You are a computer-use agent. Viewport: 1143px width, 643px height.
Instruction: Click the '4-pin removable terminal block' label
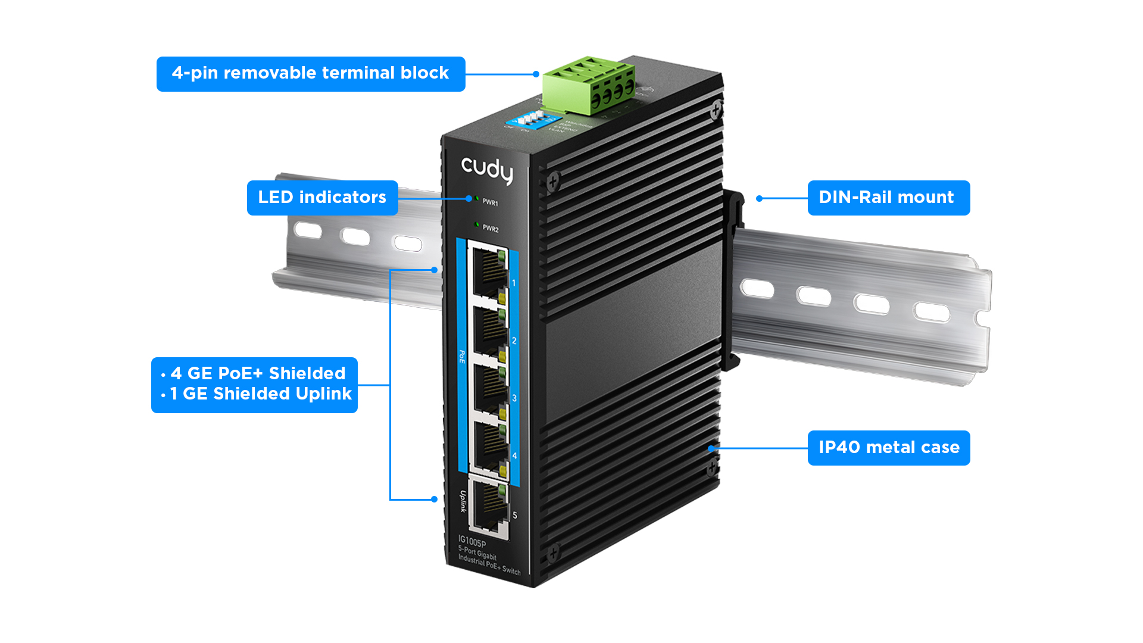pos(310,73)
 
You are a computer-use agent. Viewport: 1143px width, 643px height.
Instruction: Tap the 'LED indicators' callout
pos(322,198)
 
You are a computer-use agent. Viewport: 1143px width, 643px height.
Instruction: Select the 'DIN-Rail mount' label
pos(888,198)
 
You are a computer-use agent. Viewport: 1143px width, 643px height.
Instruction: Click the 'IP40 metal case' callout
pos(888,448)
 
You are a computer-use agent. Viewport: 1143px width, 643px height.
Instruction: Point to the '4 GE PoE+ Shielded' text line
pos(258,373)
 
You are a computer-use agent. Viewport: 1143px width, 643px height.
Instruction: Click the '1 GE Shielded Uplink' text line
pos(261,394)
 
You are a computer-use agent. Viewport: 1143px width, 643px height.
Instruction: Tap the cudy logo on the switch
pos(487,170)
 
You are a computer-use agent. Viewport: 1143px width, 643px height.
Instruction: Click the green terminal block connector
pos(588,86)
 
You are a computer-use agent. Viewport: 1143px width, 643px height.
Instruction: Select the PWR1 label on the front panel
pos(491,202)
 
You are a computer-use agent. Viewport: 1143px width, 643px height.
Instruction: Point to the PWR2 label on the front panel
pos(491,229)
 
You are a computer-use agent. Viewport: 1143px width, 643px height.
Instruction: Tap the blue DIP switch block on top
pos(530,119)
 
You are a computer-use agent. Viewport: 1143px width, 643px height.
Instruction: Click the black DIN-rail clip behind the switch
pos(732,280)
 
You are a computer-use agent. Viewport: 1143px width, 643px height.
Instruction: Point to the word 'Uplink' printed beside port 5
pos(463,501)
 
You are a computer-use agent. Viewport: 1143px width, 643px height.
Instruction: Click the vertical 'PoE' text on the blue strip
pos(462,357)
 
